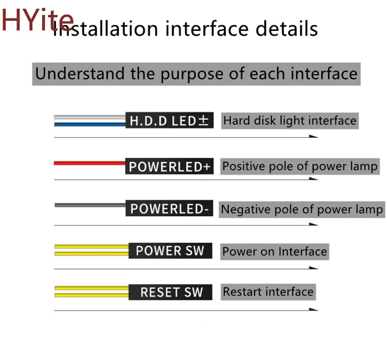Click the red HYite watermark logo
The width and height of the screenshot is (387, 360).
pos(38,20)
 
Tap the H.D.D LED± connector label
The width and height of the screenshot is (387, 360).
pos(169,120)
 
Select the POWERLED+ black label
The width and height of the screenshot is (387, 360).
pos(169,166)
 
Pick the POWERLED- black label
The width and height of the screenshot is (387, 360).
pos(169,208)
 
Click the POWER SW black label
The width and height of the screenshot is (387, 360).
pos(170,251)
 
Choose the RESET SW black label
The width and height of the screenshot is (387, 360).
pos(170,292)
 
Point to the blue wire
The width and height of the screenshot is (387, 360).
pos(90,125)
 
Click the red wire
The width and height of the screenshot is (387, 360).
pos(89,163)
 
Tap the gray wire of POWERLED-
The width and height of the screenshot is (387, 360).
pos(90,205)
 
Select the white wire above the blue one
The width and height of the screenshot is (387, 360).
pos(90,117)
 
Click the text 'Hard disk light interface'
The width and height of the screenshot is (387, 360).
pos(290,121)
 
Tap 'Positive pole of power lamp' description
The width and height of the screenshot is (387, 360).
pos(300,166)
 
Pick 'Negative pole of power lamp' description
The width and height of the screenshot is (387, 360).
pos(302,210)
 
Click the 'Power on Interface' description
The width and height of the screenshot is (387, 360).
pos(275,252)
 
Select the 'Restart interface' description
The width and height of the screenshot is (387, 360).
pos(268,292)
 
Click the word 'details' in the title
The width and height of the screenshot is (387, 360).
pos(286,29)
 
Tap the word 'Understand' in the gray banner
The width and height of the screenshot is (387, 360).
pos(80,73)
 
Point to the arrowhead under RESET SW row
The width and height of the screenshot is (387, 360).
pos(313,309)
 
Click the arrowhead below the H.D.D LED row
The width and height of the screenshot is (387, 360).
pos(313,136)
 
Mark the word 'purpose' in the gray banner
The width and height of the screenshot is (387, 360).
pos(192,75)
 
